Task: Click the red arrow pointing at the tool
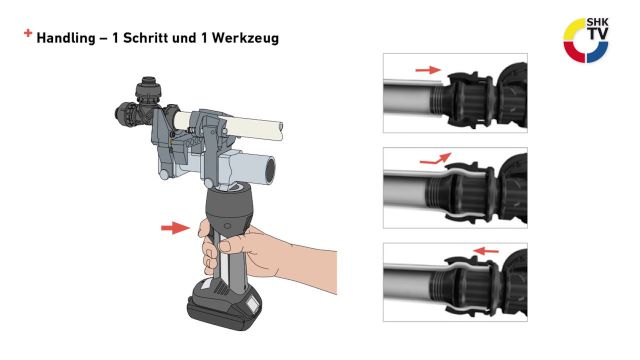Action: point(175,229)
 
